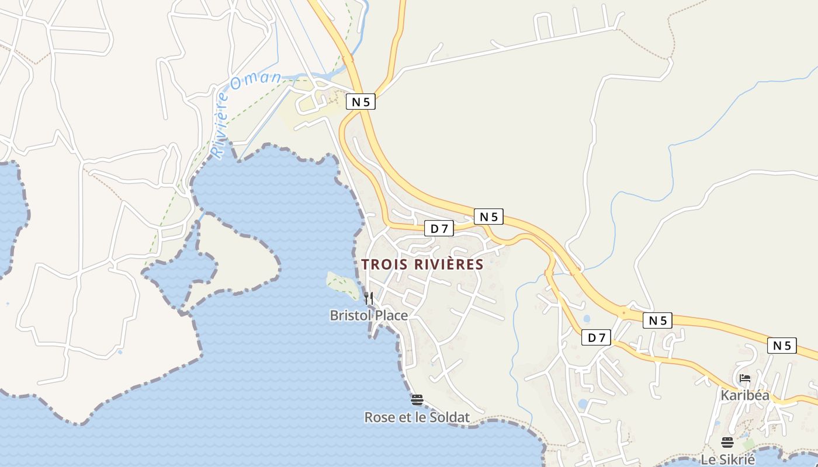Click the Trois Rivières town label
pos(422,264)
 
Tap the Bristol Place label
pos(369,315)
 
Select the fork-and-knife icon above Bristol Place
pos(369,298)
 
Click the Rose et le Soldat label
pos(417,417)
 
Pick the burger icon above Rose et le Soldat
pos(417,400)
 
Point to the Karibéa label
pos(745,395)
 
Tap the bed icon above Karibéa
pos(745,378)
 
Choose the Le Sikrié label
pos(727,459)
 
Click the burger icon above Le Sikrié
pos(727,442)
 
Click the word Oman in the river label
pos(255,81)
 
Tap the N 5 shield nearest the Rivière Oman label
pos(361,102)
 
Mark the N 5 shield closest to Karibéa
pos(782,346)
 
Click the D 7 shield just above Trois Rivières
pos(439,229)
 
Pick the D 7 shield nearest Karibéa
pos(596,337)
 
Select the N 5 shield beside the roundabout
pos(657,320)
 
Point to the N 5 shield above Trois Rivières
pos(488,217)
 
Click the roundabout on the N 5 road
pos(624,312)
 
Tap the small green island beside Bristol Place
pos(342,285)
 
